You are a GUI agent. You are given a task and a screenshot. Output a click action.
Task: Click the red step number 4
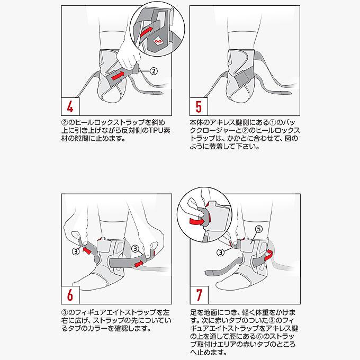point(70,106)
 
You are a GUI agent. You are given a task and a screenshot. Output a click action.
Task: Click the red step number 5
point(199,106)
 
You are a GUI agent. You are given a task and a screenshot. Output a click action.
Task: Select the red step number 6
point(70,295)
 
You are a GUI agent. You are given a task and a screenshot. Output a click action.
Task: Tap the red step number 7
point(199,295)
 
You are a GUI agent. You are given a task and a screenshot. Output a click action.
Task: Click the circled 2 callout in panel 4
point(154,71)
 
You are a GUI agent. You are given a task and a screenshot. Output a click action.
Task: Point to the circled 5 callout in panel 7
point(259,229)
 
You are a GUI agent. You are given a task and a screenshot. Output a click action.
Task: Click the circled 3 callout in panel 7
point(220,253)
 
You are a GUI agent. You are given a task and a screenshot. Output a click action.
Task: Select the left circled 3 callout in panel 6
point(76,251)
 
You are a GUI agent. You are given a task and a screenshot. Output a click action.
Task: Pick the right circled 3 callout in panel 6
point(136,249)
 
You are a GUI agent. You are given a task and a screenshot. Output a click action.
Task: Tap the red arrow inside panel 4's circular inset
point(146,31)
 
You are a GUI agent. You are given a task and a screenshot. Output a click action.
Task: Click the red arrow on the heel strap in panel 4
point(118,76)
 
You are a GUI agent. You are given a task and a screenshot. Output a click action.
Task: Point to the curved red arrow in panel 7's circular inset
point(197,221)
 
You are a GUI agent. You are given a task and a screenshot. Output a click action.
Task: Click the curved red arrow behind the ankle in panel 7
point(268,255)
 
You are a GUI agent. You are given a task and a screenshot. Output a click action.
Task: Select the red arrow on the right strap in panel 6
point(139,264)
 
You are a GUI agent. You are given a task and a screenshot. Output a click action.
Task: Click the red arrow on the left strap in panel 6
point(87,250)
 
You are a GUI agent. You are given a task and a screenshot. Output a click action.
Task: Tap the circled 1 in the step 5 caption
point(272,122)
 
